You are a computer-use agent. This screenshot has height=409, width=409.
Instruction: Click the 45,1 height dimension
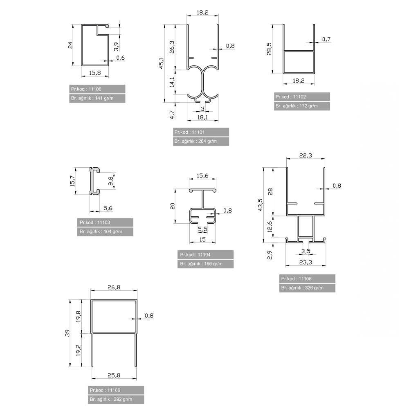click(162, 63)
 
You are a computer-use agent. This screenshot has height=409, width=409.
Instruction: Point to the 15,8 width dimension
click(95, 73)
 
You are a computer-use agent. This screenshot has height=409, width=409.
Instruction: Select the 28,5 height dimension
click(269, 49)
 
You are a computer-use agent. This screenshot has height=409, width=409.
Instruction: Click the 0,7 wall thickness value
click(326, 39)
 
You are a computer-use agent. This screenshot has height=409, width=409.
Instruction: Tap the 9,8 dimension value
click(111, 181)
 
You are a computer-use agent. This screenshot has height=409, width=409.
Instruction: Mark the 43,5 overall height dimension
click(260, 205)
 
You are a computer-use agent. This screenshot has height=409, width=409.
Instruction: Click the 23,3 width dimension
click(306, 262)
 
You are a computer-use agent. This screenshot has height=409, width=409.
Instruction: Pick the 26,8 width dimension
click(114, 287)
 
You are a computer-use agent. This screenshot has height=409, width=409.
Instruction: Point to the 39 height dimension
click(67, 333)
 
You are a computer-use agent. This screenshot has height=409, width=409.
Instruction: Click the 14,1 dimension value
click(172, 82)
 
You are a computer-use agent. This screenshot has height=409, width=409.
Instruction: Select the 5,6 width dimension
click(108, 208)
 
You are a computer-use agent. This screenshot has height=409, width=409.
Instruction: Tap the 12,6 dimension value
click(270, 227)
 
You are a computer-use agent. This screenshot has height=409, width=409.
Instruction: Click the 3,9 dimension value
click(116, 47)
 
